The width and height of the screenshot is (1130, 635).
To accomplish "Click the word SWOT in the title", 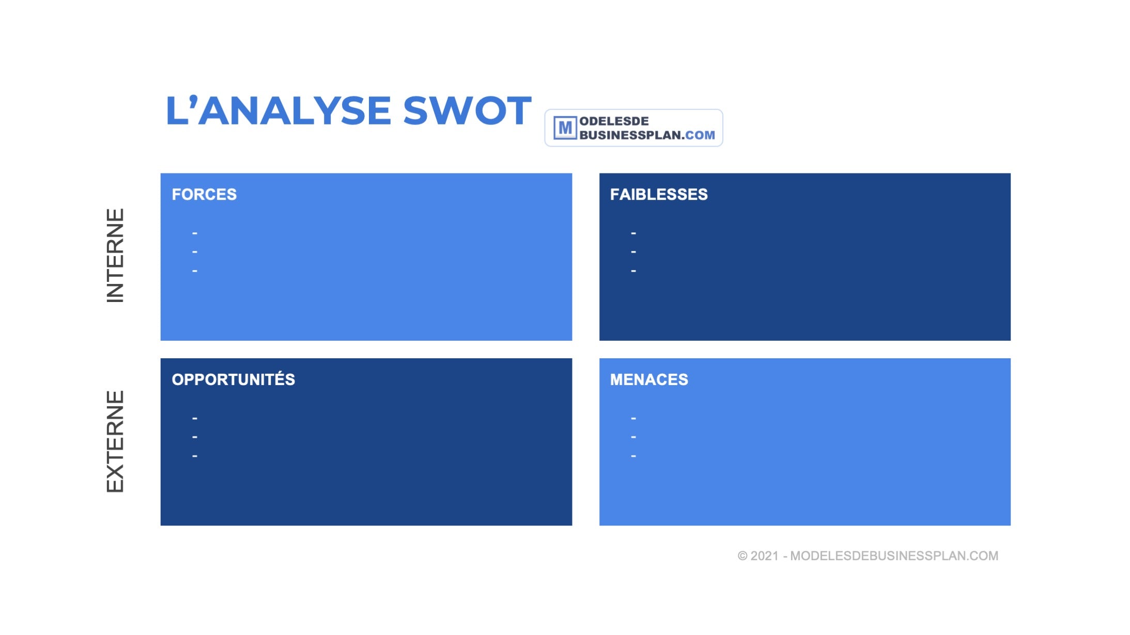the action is tap(467, 110).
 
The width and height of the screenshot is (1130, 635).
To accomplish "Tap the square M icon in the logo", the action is tap(565, 128).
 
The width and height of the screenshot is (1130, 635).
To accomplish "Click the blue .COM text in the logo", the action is tap(700, 135).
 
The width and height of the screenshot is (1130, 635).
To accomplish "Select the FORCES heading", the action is tap(204, 195).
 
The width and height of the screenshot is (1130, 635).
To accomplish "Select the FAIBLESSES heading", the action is tap(659, 195).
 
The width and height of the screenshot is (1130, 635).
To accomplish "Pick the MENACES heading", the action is tap(649, 379).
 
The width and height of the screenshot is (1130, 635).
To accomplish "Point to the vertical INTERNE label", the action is tap(115, 256).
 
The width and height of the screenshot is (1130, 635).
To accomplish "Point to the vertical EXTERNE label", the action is tap(115, 441).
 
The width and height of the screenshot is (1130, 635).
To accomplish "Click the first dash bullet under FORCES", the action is tap(195, 233).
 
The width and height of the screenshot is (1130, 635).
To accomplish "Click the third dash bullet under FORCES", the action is tap(195, 271).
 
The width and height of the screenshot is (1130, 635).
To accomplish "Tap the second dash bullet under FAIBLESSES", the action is tap(633, 252).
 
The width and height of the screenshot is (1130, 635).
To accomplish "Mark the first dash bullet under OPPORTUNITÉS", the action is tap(195, 418).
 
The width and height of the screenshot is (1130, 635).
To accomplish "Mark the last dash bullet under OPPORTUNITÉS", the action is tap(195, 456).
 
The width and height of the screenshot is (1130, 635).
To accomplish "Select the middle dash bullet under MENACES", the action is tap(633, 437).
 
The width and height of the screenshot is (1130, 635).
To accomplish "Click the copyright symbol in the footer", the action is tap(742, 556).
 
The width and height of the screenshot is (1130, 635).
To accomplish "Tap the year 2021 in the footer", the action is tap(765, 556).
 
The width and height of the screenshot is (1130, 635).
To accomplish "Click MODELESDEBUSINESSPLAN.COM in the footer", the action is tap(894, 556).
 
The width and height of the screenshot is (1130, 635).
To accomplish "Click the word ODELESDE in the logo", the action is tap(614, 121).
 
